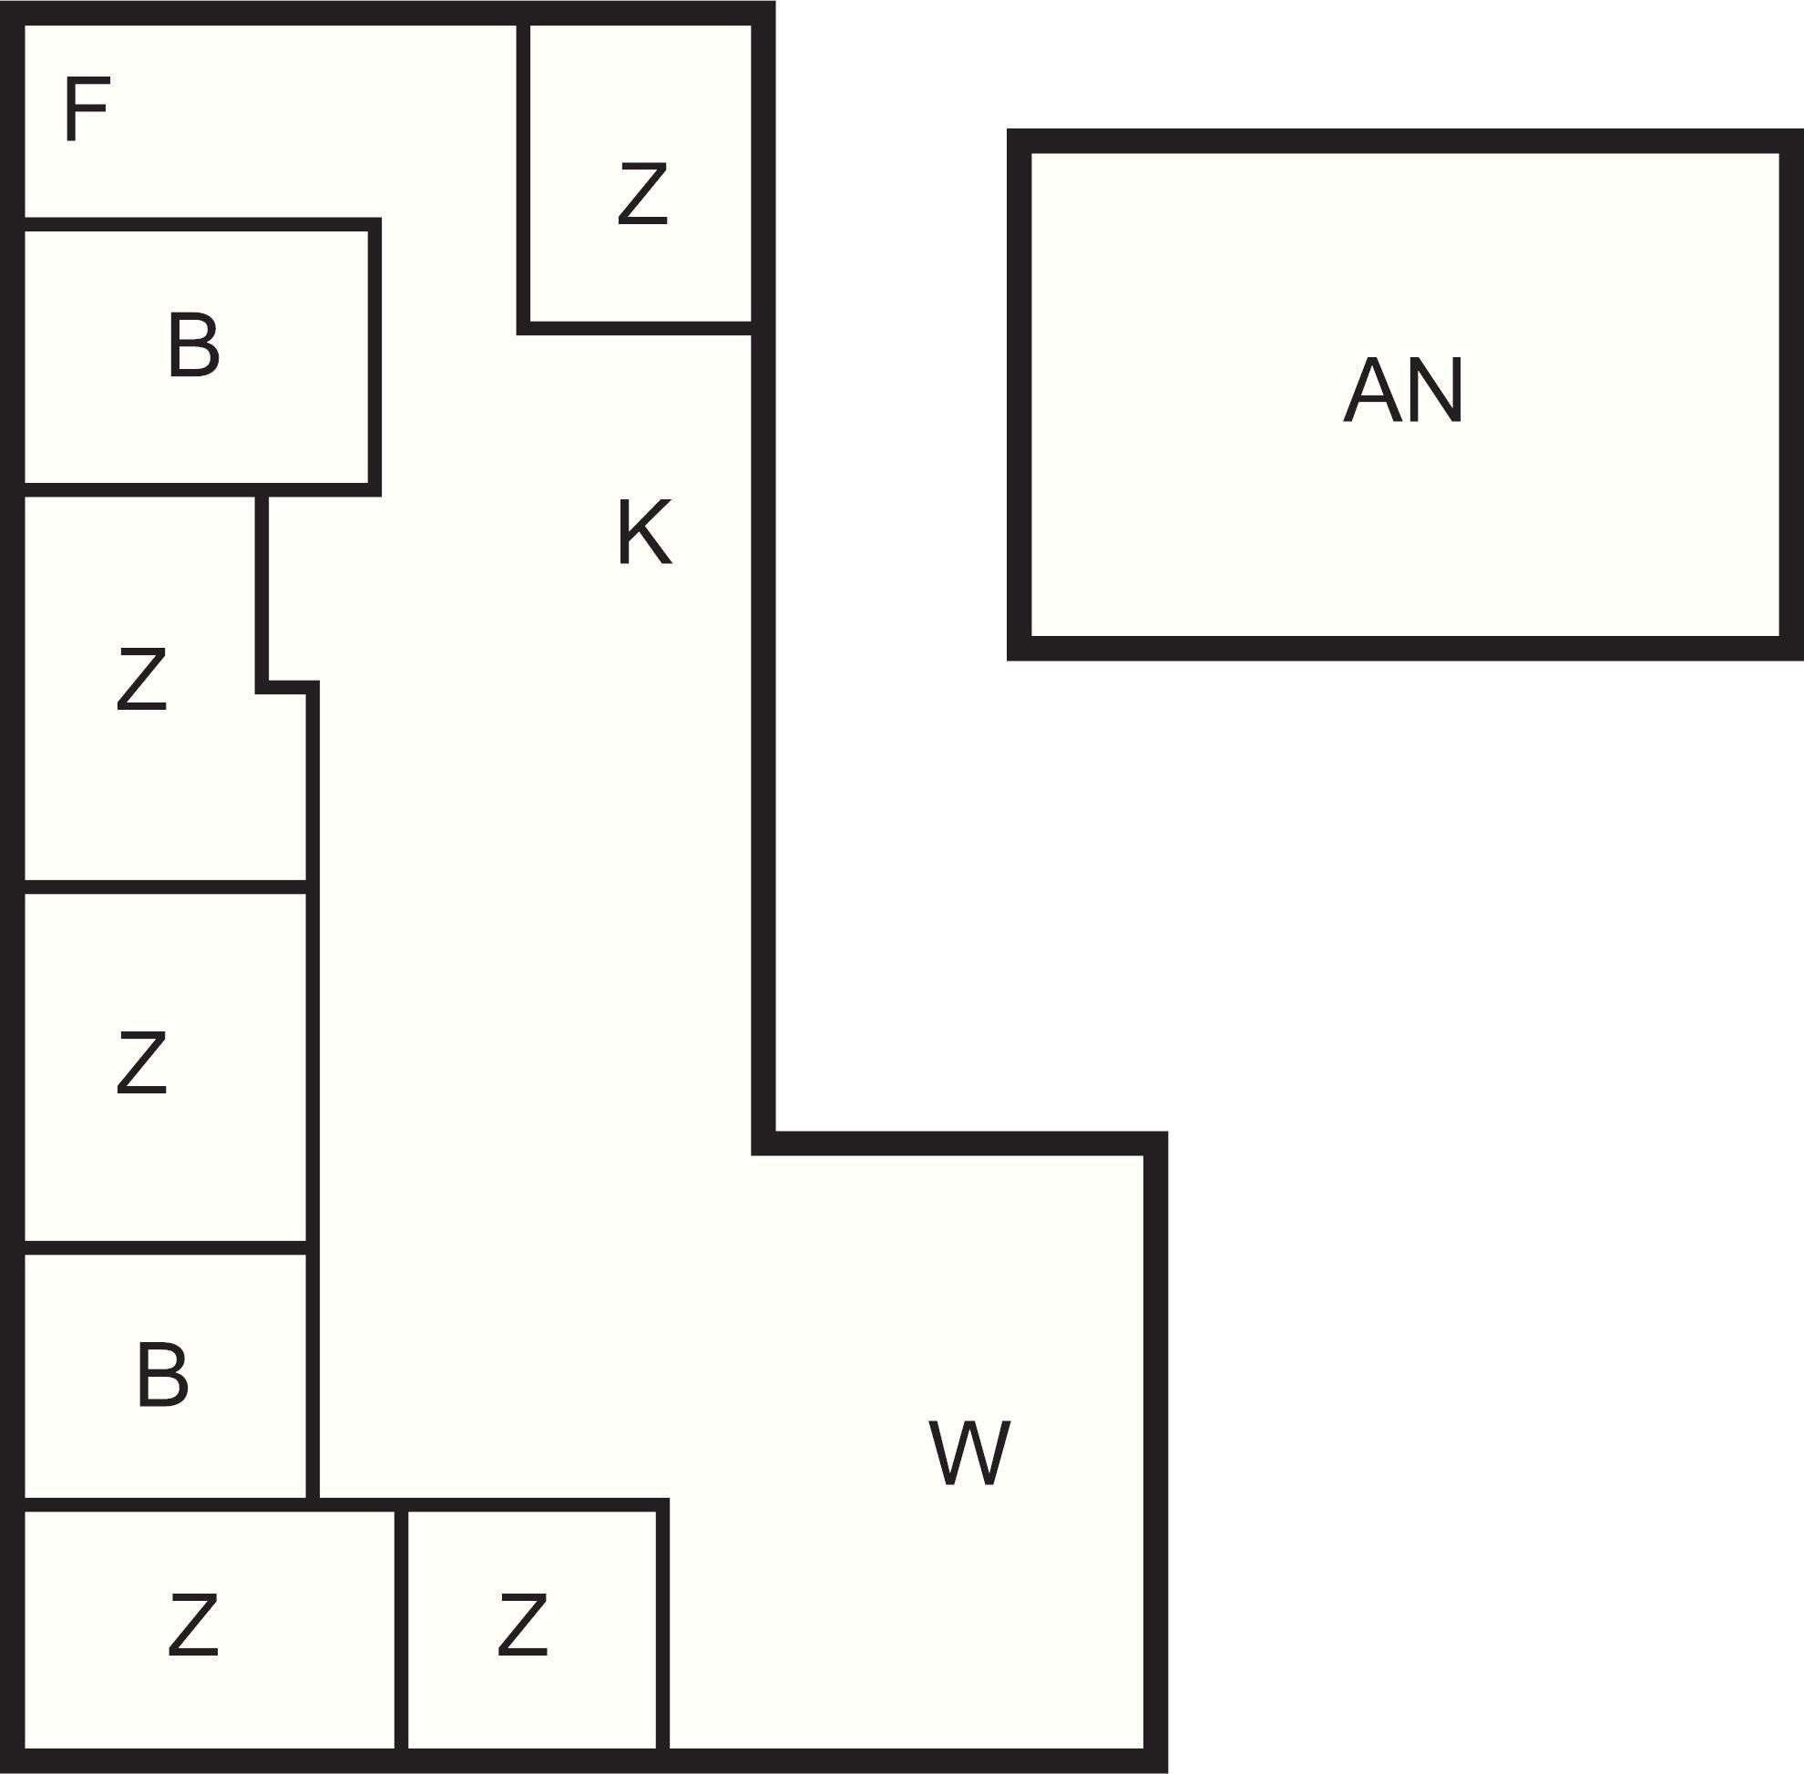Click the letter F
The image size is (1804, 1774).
(x=87, y=110)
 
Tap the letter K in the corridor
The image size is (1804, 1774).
(x=644, y=532)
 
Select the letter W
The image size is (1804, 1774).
(x=969, y=1453)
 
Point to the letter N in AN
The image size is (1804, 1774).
(x=1435, y=390)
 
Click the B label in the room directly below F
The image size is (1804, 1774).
(x=193, y=345)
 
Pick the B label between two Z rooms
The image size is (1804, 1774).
(x=162, y=1375)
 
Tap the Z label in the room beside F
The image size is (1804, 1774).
(x=643, y=194)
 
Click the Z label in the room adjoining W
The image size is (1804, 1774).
(x=522, y=1625)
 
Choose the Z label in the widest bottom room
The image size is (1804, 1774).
(x=193, y=1625)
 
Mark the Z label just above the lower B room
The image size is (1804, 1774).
(x=141, y=1063)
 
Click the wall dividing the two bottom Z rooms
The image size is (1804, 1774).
(x=401, y=1631)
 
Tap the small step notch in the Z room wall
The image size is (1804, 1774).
(x=287, y=687)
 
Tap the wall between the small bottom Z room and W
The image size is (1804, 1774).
(x=662, y=1631)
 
